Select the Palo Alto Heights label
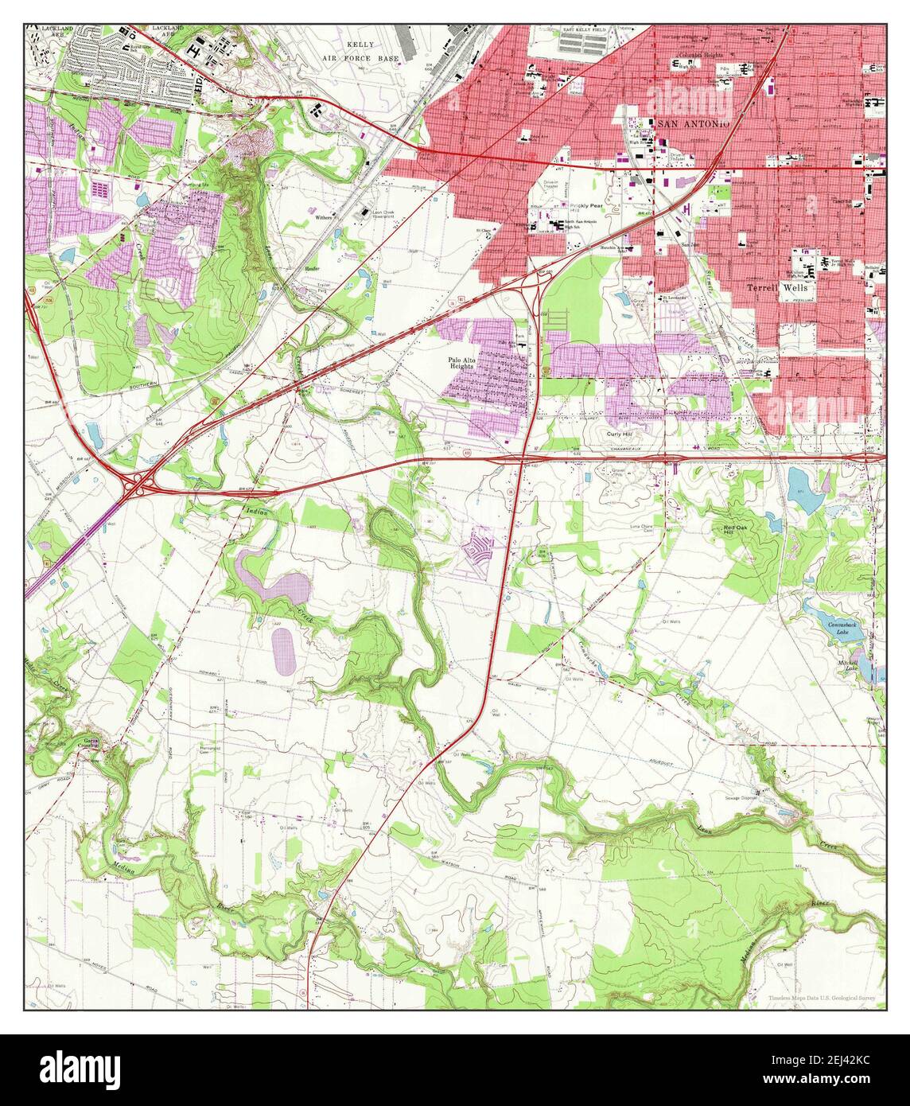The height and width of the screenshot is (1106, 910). [x=464, y=363]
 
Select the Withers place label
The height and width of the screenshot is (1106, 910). [x=323, y=216]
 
